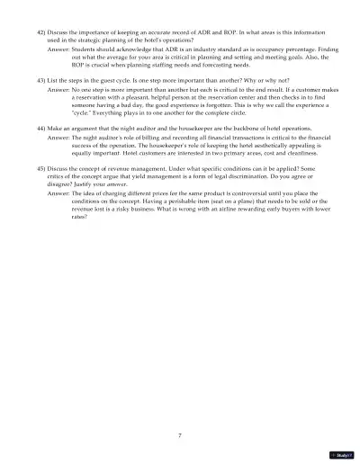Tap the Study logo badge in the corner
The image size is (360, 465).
coord(343,455)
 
